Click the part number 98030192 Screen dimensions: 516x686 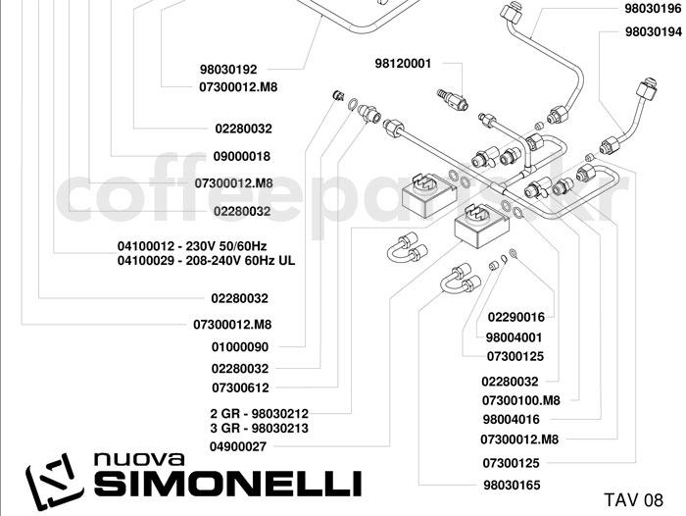point(227,70)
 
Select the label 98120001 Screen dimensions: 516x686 point(403,64)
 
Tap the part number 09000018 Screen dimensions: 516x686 point(241,156)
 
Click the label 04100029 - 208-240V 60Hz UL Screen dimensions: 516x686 point(206,261)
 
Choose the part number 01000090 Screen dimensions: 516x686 point(239,346)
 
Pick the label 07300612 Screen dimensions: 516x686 point(239,387)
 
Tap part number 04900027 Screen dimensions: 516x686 point(239,446)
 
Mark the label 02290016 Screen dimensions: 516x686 point(515,317)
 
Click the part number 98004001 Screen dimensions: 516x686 point(514,336)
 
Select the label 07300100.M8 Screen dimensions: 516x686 point(520,400)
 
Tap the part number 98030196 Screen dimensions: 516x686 point(652,9)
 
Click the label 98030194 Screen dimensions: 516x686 point(652,31)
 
